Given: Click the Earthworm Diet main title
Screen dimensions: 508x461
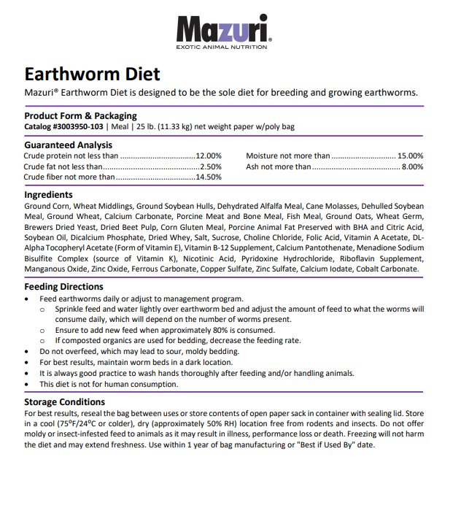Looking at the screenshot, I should [92, 74].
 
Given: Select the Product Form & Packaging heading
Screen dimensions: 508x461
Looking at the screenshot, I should [80, 116].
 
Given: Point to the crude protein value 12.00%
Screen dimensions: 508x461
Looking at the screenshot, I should [209, 155].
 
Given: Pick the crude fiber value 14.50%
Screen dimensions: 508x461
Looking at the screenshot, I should [209, 177].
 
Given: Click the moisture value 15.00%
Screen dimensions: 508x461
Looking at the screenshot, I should [410, 155].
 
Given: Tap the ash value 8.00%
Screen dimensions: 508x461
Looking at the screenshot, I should [412, 166].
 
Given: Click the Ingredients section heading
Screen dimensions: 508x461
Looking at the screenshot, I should [48, 195].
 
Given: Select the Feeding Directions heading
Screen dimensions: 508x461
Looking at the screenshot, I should [63, 287].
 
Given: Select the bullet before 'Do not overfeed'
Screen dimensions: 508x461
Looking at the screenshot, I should [28, 351].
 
